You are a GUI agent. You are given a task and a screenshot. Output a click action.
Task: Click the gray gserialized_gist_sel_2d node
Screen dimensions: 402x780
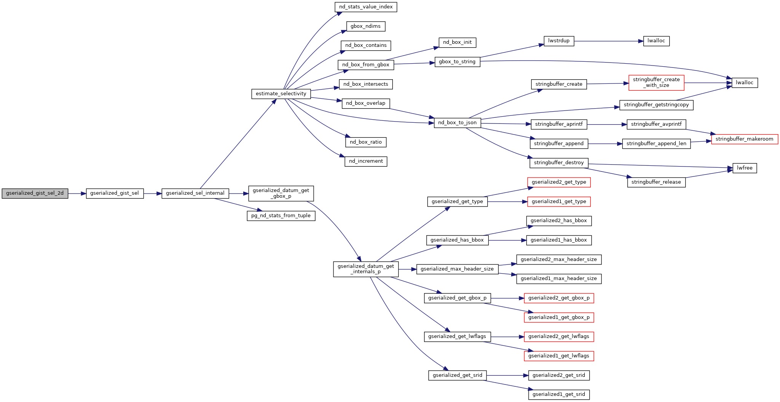[x=35, y=194]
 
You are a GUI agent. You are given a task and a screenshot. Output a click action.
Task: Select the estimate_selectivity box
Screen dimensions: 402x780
[x=281, y=94]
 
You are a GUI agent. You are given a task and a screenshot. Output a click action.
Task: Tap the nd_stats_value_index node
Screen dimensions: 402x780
[x=366, y=7]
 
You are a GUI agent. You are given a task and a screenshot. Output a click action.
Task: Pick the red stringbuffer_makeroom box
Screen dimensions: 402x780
[x=744, y=139]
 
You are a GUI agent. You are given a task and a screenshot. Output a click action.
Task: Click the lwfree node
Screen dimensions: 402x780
[x=745, y=168]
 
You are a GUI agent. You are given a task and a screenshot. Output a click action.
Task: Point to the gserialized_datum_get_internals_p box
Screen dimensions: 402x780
[x=366, y=269]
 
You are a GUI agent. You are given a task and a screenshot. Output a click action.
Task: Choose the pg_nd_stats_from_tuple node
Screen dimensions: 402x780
[x=281, y=216]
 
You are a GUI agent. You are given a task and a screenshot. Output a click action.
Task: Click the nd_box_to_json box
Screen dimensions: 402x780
[x=457, y=123]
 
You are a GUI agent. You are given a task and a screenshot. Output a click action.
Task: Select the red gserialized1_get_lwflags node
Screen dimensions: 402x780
[x=558, y=356]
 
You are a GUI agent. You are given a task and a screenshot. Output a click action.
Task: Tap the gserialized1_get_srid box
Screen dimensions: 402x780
[x=558, y=394]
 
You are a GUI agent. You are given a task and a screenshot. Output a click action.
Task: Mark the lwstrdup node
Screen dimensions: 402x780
[x=559, y=41]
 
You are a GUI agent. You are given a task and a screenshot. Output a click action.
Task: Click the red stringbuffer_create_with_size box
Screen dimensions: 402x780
[x=656, y=83]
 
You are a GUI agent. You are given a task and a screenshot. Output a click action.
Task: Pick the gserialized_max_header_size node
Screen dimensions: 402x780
[x=457, y=269]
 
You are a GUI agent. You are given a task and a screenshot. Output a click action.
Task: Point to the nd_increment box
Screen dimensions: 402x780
[x=366, y=161]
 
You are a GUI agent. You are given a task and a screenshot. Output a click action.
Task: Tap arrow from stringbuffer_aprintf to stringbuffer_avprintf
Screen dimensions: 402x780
[x=607, y=125]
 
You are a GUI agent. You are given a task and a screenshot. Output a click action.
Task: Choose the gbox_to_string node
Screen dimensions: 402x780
[x=457, y=62]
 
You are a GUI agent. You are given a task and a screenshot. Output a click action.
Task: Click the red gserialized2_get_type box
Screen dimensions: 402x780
[x=558, y=182]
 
